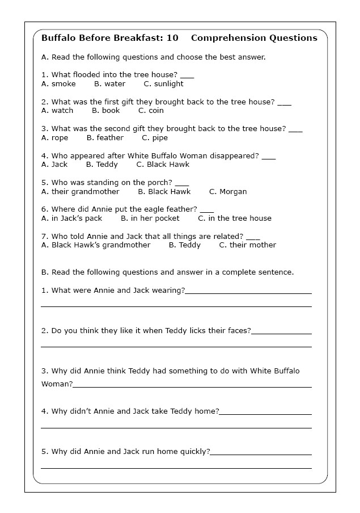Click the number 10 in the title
click(x=172, y=38)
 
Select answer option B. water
click(x=109, y=84)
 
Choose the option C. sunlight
click(x=163, y=84)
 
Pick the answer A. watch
click(x=57, y=111)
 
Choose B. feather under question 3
click(x=105, y=138)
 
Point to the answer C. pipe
click(x=155, y=138)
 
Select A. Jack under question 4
click(x=54, y=165)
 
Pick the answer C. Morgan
click(x=228, y=192)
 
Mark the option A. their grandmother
click(x=81, y=192)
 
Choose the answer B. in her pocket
click(x=150, y=218)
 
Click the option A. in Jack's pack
click(x=71, y=218)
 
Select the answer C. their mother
click(x=247, y=245)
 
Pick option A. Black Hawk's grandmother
click(x=96, y=245)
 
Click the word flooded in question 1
click(x=88, y=74)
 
